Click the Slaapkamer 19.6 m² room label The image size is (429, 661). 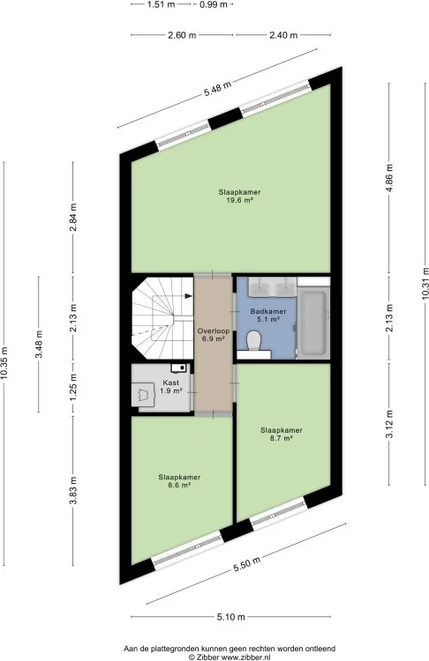coord(240,196)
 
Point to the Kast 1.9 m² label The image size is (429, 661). coord(172,387)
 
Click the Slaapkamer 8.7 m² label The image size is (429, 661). coord(281,434)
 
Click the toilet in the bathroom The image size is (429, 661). coord(254,342)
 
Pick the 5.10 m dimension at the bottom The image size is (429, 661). coord(231,617)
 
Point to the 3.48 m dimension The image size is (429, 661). coord(39,344)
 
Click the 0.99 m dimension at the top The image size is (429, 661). coord(213,5)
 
